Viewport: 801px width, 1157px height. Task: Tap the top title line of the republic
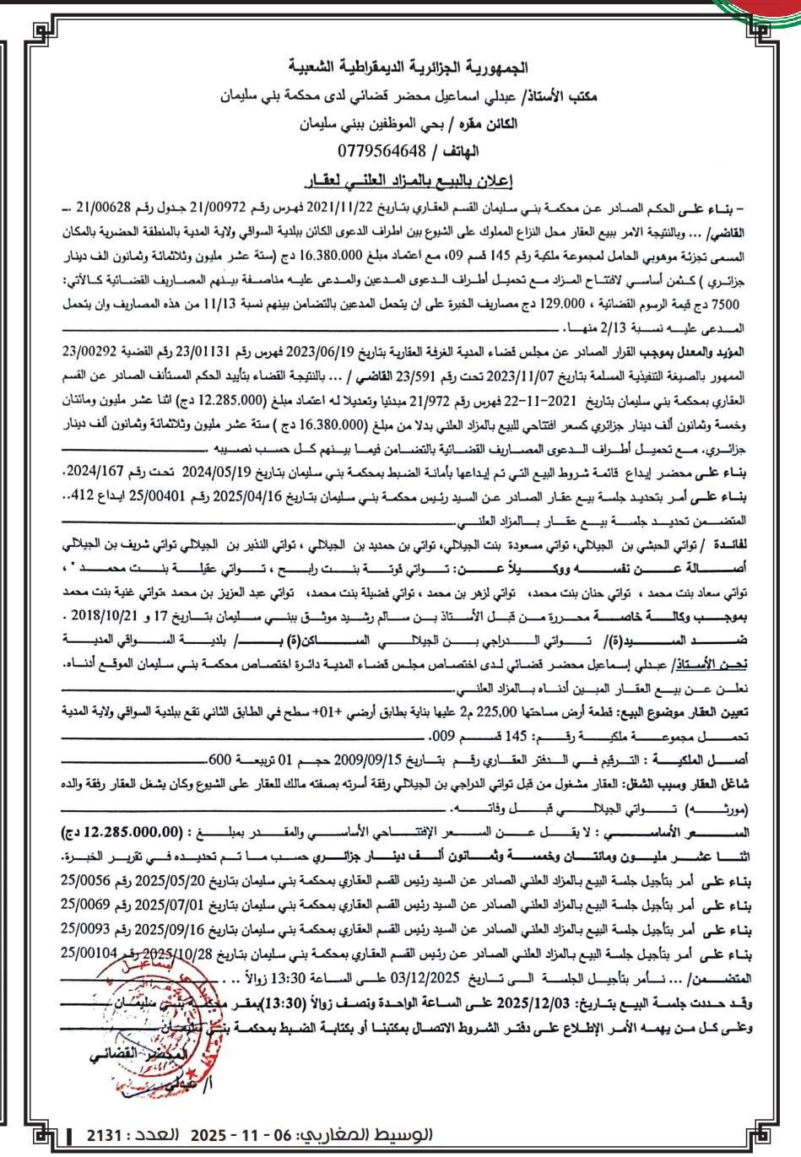tap(401, 66)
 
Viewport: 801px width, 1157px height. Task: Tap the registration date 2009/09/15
tap(372, 758)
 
